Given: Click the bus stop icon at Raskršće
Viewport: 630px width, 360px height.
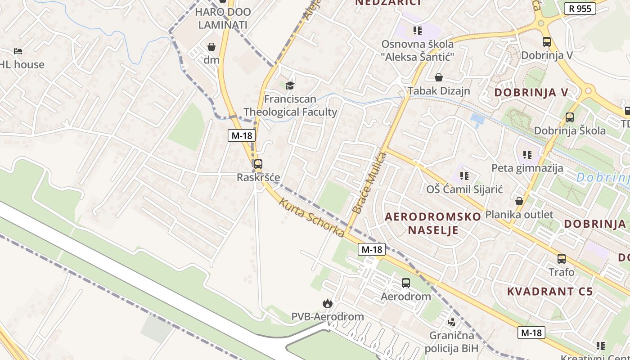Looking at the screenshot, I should coord(258,164).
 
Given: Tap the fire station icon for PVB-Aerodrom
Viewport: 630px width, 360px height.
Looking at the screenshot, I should coord(327,304).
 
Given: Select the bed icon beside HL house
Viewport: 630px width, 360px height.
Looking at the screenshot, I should coord(18,51).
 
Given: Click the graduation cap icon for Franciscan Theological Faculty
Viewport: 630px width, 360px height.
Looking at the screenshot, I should coord(290,85).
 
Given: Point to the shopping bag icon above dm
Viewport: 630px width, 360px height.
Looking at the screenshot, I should coord(211,47).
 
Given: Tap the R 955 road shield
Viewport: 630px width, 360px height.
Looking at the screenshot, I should coord(580,8).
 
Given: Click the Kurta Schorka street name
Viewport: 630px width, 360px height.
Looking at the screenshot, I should coord(311,217).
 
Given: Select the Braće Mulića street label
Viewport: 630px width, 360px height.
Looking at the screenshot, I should coord(369,183).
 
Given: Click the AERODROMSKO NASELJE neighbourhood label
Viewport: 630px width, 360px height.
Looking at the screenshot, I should coord(433,223).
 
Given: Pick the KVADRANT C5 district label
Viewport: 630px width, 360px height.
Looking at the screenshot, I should coord(550,291).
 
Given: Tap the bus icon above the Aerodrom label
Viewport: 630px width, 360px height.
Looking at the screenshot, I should coord(406,283).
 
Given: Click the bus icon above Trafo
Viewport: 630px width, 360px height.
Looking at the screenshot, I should coord(561,259).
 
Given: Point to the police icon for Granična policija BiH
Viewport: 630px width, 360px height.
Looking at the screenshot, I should coord(451,322).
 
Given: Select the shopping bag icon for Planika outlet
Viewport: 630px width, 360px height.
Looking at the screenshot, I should coord(519,201).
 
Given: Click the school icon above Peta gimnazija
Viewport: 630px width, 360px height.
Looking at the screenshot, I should coord(527,155).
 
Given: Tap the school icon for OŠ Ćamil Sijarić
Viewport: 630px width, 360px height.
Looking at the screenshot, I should coord(464,175).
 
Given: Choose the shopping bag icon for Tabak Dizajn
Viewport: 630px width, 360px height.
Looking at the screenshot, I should coord(438,78).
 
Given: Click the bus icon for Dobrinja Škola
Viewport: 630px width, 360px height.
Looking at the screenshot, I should coord(569,117).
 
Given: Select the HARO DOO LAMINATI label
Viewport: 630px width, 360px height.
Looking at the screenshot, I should coord(223,18).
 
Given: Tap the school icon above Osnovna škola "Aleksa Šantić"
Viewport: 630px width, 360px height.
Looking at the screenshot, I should coord(418,31).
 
